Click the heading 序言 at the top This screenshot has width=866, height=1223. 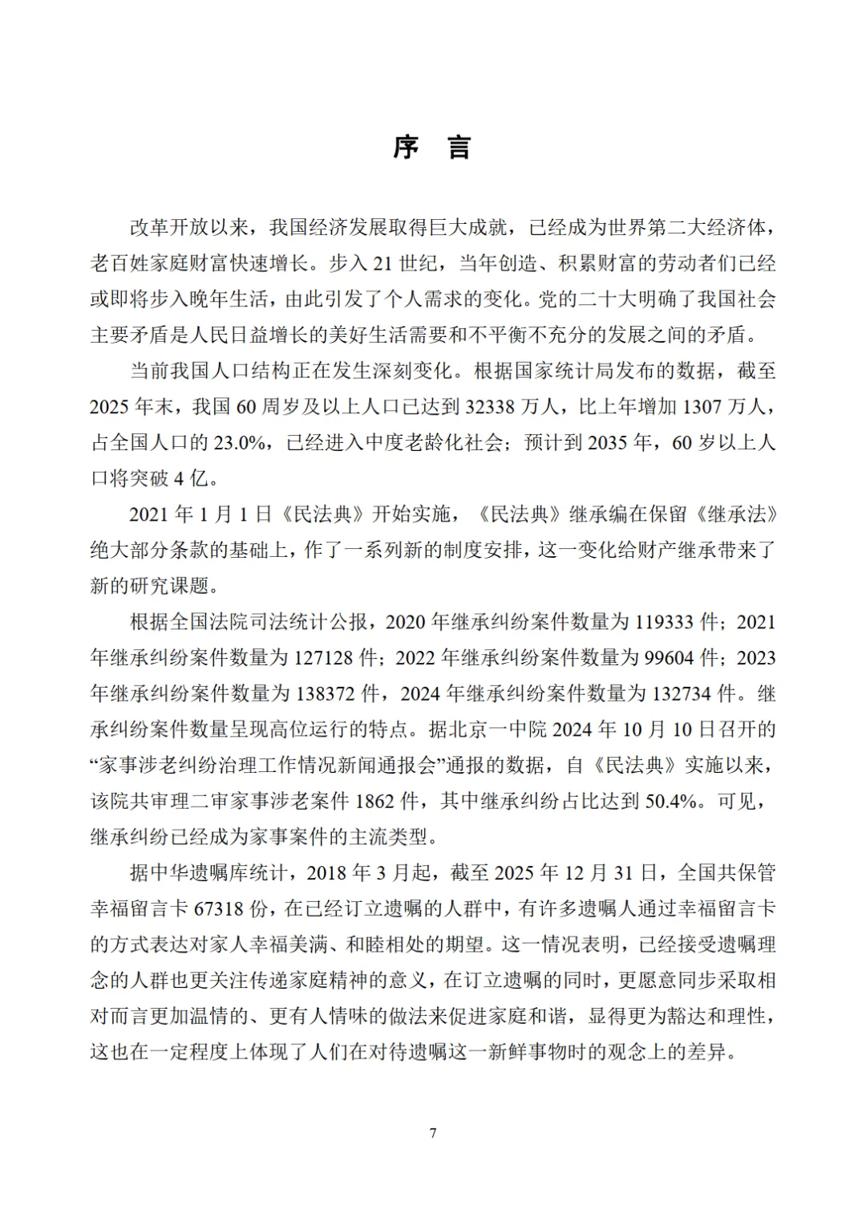(x=432, y=148)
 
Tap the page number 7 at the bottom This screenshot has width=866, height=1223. (x=433, y=1132)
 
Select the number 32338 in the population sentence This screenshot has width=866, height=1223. (x=490, y=407)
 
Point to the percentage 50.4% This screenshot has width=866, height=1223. (x=672, y=801)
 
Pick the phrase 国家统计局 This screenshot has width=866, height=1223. (x=589, y=372)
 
